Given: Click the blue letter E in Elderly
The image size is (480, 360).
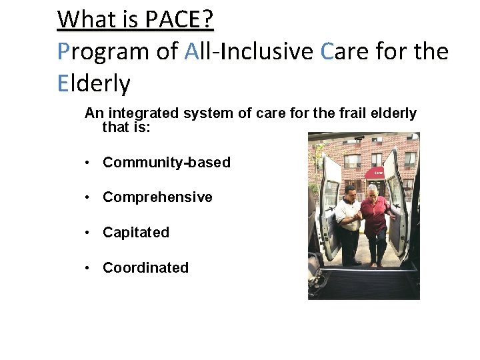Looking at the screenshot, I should coord(63,84).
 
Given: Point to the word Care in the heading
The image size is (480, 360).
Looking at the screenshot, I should coord(347,51).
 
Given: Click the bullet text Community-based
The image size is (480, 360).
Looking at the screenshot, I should coord(167,163).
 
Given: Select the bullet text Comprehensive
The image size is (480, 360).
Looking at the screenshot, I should coord(157,197).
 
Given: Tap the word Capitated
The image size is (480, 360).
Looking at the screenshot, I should coord(136,233).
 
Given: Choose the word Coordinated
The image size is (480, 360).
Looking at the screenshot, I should coord(145,268).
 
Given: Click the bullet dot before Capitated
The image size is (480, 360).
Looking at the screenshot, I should coord(88,233).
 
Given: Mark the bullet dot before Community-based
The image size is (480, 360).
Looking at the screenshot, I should coord(88,163).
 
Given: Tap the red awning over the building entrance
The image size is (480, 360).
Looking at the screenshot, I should coord(378,173).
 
